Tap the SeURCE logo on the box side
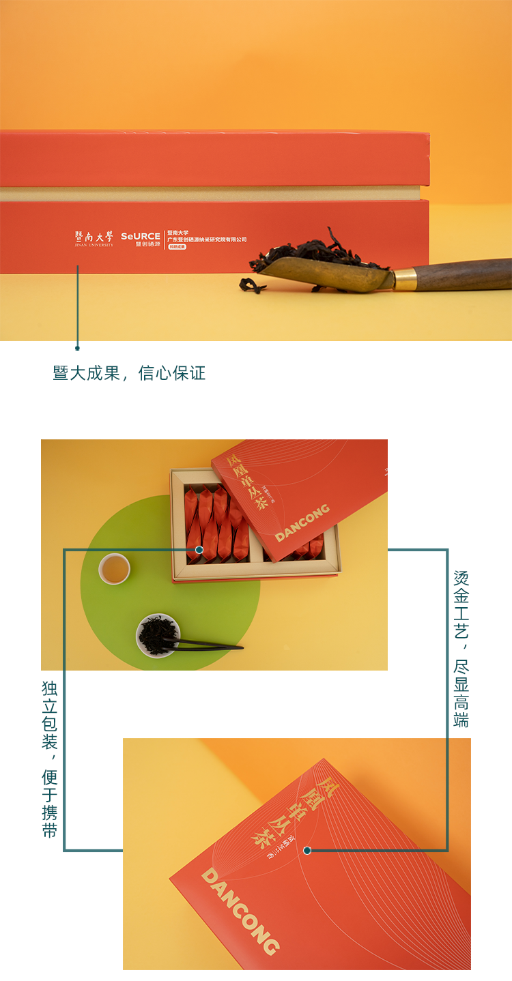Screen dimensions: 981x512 140,239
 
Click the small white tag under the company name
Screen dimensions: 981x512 177,246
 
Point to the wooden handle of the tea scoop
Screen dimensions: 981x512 464,274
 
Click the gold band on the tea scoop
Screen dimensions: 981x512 405,278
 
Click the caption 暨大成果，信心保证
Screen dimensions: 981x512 129,373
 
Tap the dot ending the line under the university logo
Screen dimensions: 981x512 77,348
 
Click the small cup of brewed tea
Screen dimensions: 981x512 115,568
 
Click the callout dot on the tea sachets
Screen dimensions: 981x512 199,549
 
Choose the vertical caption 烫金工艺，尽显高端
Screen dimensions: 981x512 461,648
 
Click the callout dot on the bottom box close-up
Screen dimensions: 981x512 307,850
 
